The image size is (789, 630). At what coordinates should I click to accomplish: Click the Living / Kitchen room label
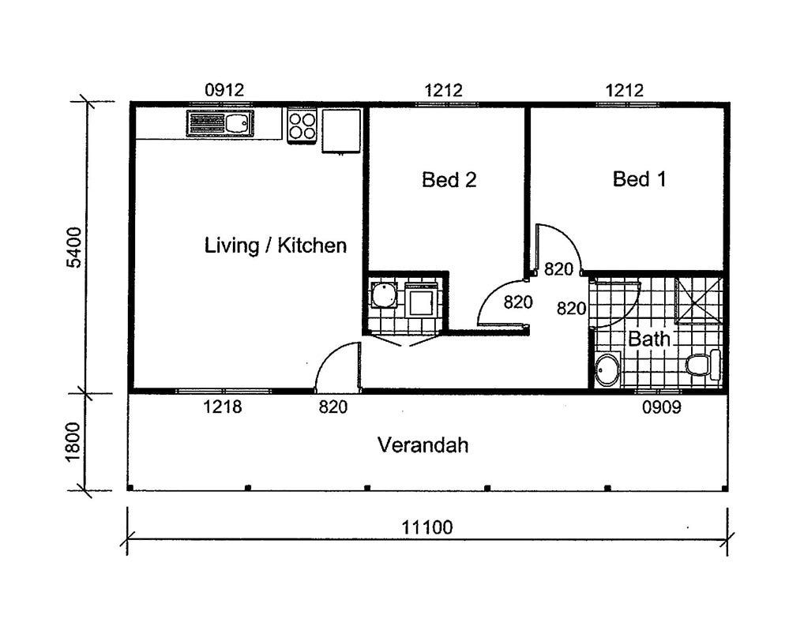(276, 246)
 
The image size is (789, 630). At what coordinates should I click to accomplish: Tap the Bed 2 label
(449, 179)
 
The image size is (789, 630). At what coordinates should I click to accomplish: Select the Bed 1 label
(639, 179)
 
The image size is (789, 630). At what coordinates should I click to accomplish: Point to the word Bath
(649, 339)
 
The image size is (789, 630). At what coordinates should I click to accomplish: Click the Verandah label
(423, 445)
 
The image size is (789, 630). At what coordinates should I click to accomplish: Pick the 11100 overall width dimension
(426, 527)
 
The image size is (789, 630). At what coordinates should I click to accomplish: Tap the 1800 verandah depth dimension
(73, 441)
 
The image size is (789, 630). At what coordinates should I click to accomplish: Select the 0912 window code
(224, 90)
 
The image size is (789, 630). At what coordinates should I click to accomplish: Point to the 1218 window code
(223, 407)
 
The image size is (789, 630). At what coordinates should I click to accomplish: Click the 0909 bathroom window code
(662, 407)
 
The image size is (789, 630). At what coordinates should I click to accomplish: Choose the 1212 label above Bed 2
(443, 91)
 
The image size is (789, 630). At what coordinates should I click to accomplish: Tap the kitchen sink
(220, 122)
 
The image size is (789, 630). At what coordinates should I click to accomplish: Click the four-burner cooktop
(302, 126)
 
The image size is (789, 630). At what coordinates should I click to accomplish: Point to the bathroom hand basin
(607, 370)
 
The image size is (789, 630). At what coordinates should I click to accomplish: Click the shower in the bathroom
(698, 300)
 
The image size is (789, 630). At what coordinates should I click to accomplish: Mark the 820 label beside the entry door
(333, 407)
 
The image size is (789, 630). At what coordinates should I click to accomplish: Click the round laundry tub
(384, 295)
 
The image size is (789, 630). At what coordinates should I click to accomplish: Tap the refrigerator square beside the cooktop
(341, 130)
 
